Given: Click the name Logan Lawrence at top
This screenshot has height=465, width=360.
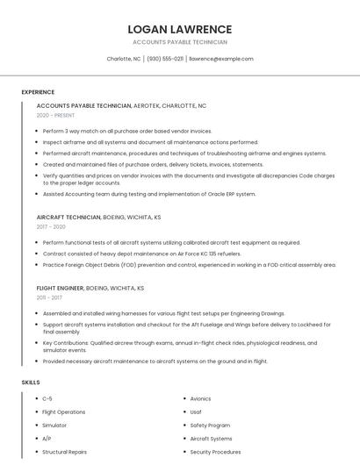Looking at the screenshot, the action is tap(180, 29).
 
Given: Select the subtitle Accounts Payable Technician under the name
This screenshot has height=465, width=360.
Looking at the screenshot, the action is tap(180, 42).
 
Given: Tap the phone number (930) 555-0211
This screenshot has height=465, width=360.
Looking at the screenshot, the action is tap(165, 59).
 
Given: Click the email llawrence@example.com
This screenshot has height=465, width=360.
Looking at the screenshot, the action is tap(221, 59).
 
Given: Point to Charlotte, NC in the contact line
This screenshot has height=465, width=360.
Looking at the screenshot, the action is tap(124, 59).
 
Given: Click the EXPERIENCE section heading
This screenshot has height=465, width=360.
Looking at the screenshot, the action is tap(38, 92).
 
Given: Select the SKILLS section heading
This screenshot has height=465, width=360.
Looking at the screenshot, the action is tap(31, 383).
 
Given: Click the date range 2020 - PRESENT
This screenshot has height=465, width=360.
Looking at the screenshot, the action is tap(55, 115).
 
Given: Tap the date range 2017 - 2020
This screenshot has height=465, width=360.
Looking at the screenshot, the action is tap(52, 226).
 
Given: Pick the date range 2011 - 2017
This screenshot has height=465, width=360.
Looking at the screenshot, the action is tap(51, 297).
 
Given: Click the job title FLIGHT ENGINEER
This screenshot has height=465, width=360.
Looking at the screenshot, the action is tap(60, 288).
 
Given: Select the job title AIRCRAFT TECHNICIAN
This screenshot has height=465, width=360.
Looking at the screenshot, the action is tap(68, 217).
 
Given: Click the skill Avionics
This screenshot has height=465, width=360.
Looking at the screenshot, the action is tap(200, 398).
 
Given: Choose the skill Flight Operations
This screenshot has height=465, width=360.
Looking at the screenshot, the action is tap(64, 411).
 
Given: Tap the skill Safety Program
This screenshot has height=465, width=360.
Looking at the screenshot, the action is tap(210, 426).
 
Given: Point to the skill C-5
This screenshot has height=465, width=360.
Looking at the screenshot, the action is tap(47, 398).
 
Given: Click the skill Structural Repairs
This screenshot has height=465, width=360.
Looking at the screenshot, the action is tap(65, 452).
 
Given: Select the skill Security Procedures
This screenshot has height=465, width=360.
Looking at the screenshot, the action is tap(215, 452).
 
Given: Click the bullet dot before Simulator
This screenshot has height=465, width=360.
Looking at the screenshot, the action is tap(34, 426).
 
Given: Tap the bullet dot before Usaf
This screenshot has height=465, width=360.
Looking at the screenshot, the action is tap(182, 411).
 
